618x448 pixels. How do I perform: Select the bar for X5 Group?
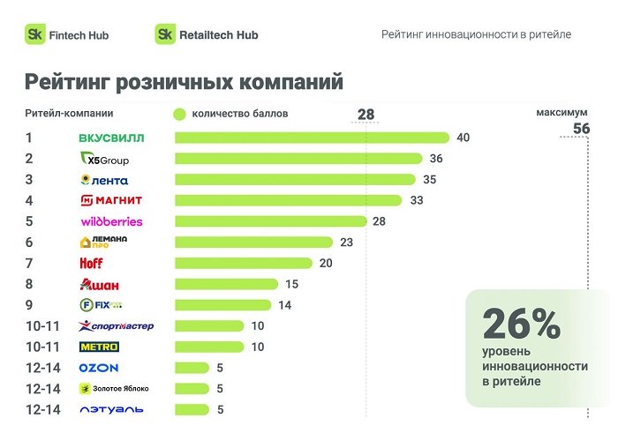pos(298,159)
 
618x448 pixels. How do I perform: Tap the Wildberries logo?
pos(111,221)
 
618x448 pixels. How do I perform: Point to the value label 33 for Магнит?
pos(418,200)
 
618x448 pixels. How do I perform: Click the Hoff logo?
pos(92,263)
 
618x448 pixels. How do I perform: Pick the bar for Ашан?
pos(226,284)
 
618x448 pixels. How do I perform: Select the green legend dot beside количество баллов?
pos(178,114)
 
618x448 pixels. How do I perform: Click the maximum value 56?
pos(581,129)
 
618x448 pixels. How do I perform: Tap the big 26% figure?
pos(521,325)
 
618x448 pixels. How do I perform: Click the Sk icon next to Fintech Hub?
pos(34,34)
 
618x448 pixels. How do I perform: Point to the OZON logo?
pos(98,368)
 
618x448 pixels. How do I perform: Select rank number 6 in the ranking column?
pos(29,242)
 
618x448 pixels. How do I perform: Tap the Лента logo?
pos(103,180)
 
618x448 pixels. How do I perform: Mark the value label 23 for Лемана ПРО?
pos(346,243)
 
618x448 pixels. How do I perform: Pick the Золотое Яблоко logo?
pos(115,388)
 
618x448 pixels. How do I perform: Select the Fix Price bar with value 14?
pos(222,305)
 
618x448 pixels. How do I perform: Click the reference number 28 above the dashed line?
pos(366,115)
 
